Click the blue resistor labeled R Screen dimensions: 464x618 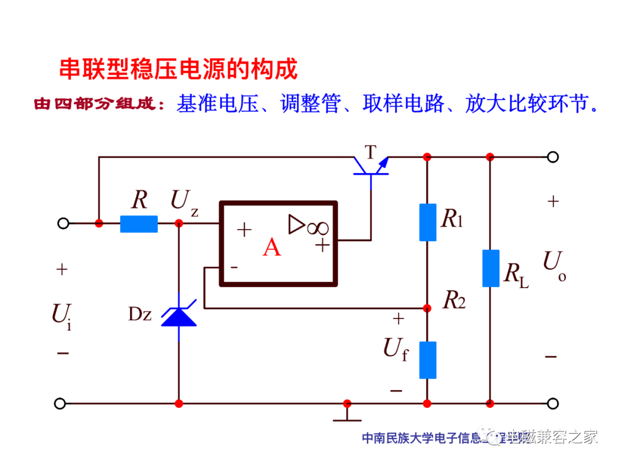(138, 224)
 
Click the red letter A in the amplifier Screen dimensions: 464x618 (272, 247)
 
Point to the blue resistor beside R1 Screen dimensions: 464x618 (427, 222)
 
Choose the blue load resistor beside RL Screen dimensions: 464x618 (490, 268)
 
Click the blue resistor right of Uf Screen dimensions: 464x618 (427, 360)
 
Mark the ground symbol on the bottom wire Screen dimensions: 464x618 (347, 413)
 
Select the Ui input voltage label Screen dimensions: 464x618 (62, 315)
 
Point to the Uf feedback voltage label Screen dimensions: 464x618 (395, 348)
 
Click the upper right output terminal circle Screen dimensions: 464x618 (552, 156)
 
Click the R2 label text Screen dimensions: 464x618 (454, 300)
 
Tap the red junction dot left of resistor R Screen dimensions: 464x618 (99, 224)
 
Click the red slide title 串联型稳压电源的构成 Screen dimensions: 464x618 (179, 69)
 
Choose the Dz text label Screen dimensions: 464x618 (140, 314)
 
